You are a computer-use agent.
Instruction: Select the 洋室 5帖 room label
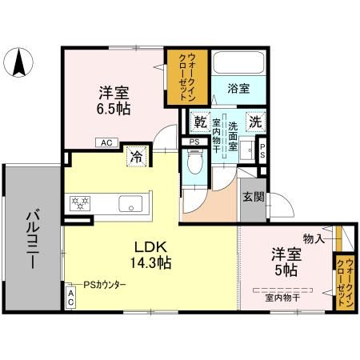coord(286,262)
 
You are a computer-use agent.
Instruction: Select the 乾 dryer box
coord(201,123)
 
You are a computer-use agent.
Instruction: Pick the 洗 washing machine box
coord(254,123)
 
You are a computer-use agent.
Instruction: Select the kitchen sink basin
coord(130,204)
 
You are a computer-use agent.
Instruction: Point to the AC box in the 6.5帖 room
coord(106,143)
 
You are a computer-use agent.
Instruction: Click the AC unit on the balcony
coord(71,298)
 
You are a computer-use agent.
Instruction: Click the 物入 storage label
coord(314,238)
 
